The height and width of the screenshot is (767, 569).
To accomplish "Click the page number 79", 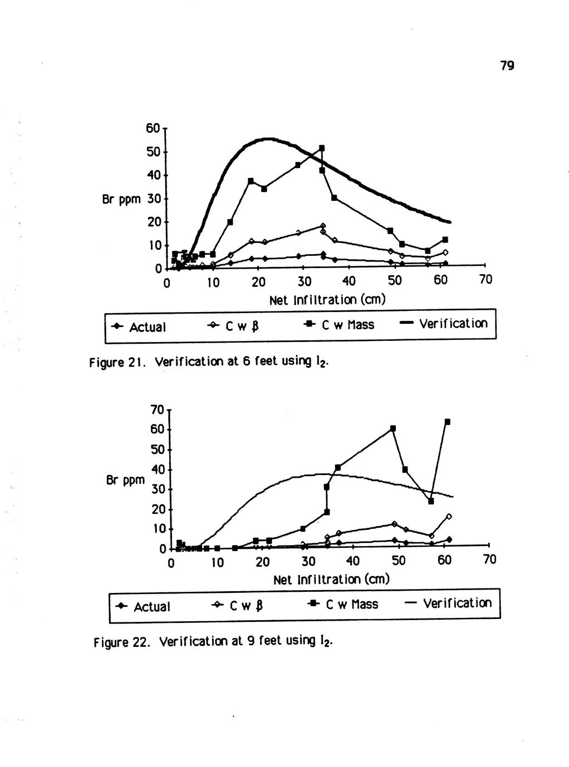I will (506, 66).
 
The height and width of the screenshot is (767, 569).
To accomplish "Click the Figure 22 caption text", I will (213, 642).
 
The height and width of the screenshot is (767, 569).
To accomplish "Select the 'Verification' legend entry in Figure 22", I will (448, 603).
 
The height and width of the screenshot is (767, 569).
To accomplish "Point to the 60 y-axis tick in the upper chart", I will (153, 128).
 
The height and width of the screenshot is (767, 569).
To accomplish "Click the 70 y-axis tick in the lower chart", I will (157, 409).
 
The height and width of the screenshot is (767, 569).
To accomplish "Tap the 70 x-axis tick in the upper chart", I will (485, 280).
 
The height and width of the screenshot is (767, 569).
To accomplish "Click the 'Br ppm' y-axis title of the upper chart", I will (121, 199).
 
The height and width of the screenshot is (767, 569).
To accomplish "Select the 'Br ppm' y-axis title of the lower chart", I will (125, 479).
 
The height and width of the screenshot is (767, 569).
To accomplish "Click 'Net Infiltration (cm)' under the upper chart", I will (327, 300).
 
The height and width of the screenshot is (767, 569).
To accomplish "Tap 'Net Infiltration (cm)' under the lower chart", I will (331, 580).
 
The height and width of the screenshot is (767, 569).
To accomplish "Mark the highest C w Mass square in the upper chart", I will (322, 148).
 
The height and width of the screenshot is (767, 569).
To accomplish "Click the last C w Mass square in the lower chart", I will (447, 422).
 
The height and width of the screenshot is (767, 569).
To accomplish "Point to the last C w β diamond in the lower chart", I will (449, 516).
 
